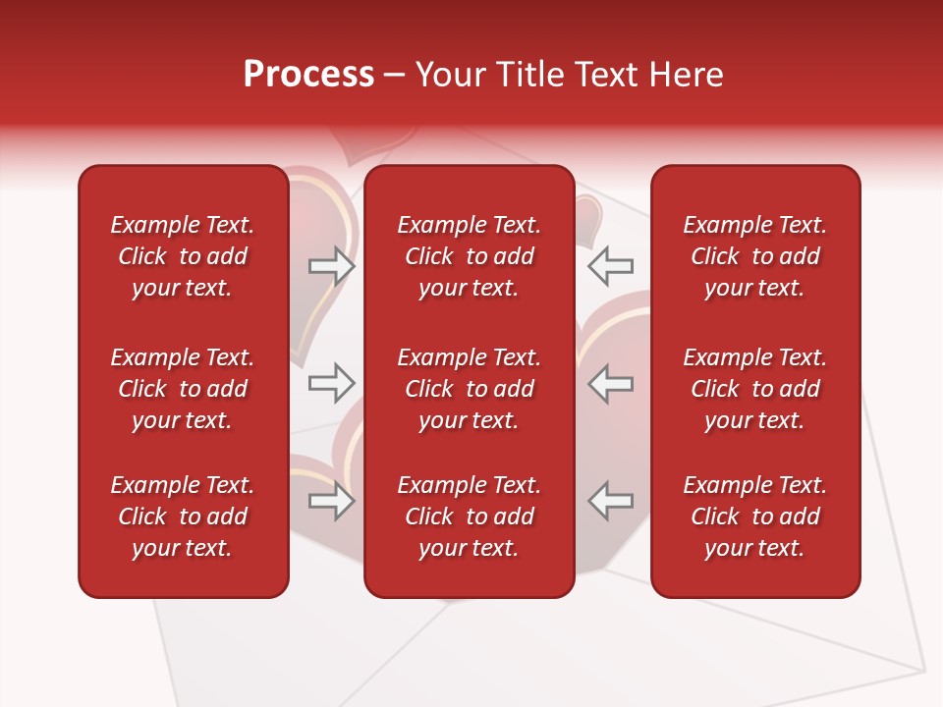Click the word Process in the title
308,75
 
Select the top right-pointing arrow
331,266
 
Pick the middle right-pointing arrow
331,383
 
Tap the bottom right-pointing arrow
331,501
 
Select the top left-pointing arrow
610,266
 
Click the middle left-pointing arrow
610,383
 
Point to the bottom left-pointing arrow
610,501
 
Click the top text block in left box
183,256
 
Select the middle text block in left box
183,389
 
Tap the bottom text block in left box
183,517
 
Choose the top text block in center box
469,256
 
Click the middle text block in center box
469,389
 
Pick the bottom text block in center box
469,517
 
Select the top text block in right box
754,256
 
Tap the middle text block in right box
754,389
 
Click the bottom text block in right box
754,517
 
